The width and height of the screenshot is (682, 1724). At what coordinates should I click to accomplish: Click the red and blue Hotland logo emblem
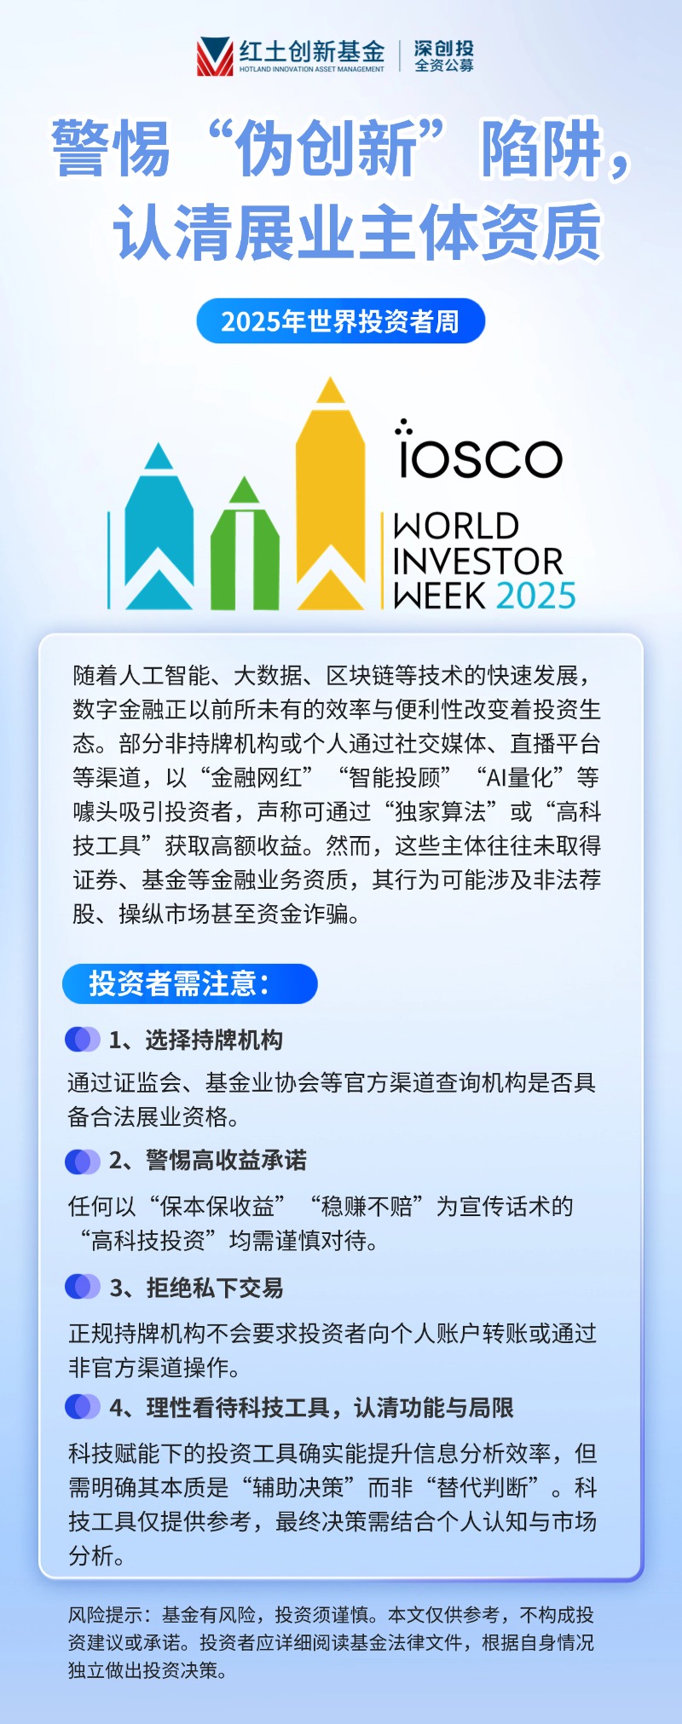click(215, 56)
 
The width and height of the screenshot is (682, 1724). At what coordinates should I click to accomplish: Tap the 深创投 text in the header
click(444, 48)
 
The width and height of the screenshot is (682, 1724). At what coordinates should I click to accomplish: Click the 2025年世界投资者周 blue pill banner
click(340, 321)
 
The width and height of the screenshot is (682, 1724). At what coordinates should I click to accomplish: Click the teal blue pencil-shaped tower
click(159, 528)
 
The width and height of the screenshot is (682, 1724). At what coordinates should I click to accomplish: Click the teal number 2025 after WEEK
click(535, 595)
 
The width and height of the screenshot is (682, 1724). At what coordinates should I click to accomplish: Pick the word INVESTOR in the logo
click(478, 562)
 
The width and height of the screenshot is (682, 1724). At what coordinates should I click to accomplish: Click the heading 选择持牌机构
click(213, 1040)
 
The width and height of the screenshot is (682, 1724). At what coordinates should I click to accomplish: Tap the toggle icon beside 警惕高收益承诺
click(83, 1161)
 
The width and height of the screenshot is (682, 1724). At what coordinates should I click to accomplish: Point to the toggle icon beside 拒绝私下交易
click(83, 1287)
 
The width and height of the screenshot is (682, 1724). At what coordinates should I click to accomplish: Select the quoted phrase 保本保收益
click(217, 1206)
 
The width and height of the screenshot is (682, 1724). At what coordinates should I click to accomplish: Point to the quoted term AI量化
click(519, 777)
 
